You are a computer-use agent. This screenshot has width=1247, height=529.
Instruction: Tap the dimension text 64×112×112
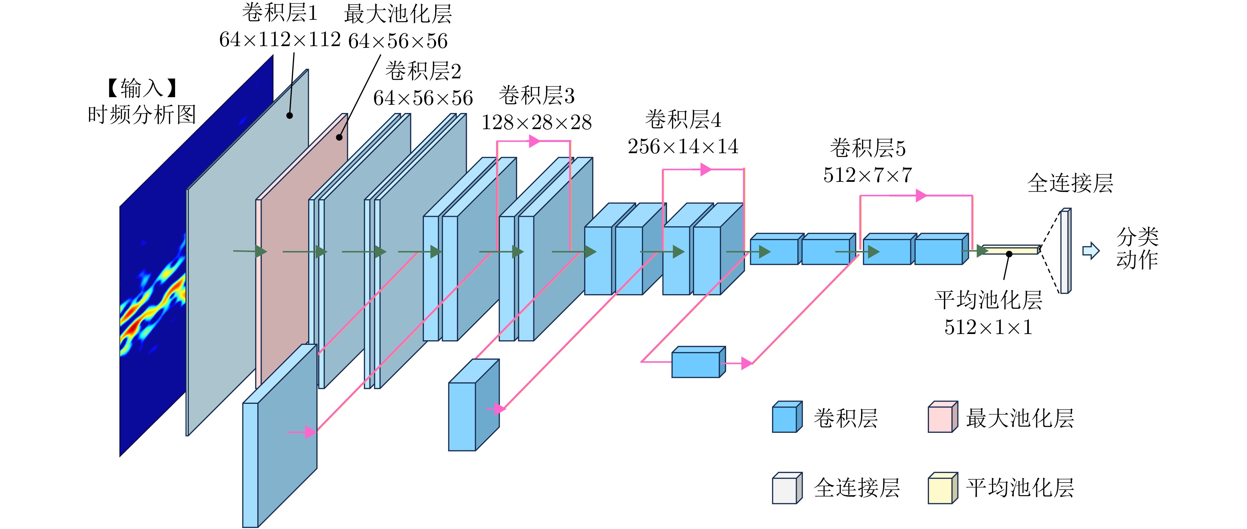280,40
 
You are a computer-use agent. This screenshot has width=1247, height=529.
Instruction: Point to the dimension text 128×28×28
536,122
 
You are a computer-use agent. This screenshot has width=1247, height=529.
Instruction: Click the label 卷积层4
683,120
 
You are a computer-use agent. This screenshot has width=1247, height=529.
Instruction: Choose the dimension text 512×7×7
868,175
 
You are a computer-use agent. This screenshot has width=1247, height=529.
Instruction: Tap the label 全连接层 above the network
1070,183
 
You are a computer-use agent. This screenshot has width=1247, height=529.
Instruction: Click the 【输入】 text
141,88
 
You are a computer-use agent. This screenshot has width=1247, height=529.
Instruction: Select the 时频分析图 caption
141,115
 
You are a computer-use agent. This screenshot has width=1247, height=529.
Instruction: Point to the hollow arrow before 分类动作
1091,250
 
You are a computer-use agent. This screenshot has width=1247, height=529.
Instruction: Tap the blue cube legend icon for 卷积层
787,417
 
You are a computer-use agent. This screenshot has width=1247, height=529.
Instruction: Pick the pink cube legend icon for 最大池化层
942,417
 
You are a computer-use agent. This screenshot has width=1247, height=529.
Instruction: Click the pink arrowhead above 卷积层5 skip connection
921,196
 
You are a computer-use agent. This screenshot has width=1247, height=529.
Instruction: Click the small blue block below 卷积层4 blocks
697,363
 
